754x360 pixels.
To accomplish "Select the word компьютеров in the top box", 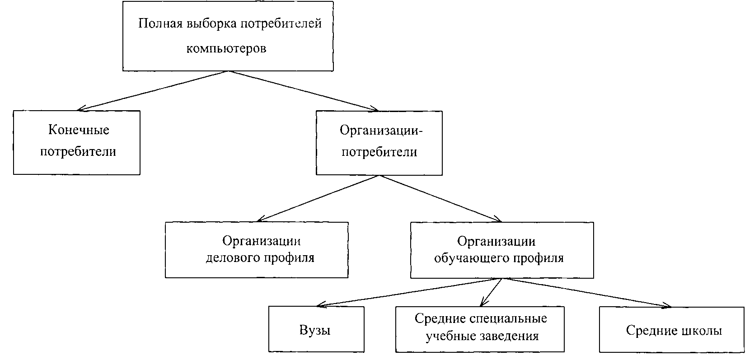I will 226,48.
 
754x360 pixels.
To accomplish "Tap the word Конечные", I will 79,130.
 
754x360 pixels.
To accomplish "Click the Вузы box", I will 316,330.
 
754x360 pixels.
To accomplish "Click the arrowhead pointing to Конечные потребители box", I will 81,109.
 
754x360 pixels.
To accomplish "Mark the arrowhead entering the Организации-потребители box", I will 375,109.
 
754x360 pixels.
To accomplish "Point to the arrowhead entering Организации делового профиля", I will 260,220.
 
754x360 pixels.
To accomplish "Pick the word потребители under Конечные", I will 78,151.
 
